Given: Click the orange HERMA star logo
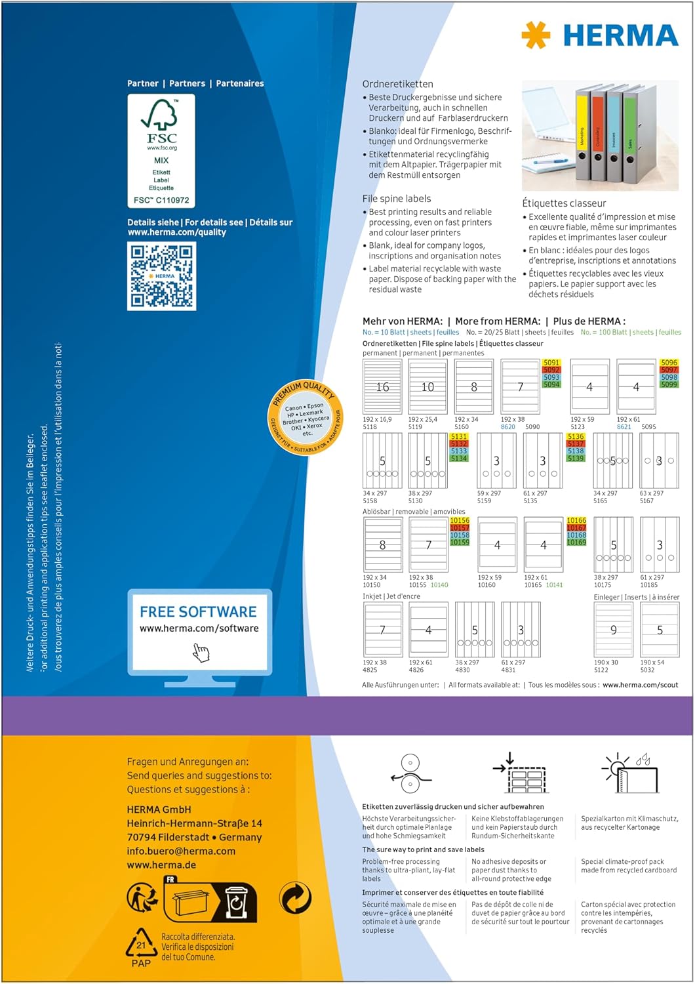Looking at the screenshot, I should pyautogui.click(x=535, y=34).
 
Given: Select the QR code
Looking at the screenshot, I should pyautogui.click(x=161, y=276).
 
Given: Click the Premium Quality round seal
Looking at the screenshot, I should pyautogui.click(x=306, y=416).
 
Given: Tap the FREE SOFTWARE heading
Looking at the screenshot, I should pyautogui.click(x=198, y=611).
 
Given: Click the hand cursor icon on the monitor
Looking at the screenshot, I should pyautogui.click(x=201, y=652).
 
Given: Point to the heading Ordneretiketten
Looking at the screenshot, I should pyautogui.click(x=397, y=84).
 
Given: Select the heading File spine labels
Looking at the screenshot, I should pyautogui.click(x=397, y=198).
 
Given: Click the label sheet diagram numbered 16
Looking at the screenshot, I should pyautogui.click(x=382, y=387).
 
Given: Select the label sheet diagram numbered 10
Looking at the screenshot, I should pyautogui.click(x=427, y=387).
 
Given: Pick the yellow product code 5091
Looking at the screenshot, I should pyautogui.click(x=551, y=363).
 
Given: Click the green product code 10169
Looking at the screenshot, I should pyautogui.click(x=576, y=543).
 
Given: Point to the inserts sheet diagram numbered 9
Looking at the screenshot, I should pyautogui.click(x=613, y=630).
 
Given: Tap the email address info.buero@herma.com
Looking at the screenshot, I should pyautogui.click(x=181, y=851).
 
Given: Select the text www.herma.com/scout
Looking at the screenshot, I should pyautogui.click(x=640, y=685).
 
